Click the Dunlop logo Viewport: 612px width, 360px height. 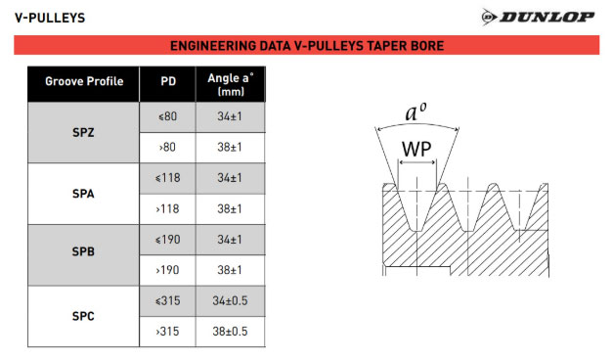coord(538,17)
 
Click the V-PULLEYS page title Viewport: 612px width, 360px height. coord(50,18)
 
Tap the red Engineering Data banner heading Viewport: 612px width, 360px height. coord(307,46)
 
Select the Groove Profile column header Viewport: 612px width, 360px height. coord(84,81)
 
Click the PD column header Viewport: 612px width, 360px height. coord(168,81)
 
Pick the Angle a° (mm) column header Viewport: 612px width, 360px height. coord(231,84)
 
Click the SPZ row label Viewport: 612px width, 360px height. coord(83,133)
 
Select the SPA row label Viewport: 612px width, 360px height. coord(83,194)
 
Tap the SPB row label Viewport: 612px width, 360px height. coord(83,251)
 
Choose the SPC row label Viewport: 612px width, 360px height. coord(83,316)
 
